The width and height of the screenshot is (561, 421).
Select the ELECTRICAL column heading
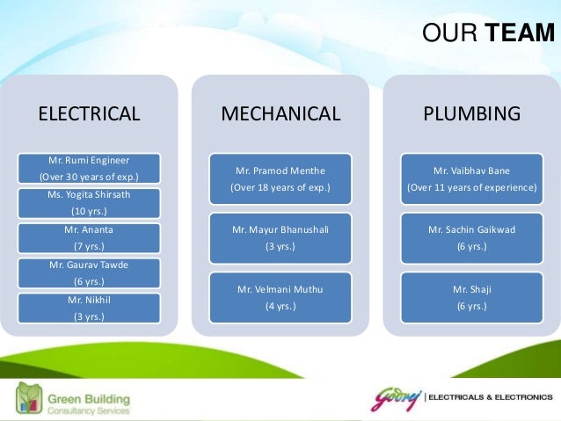point(88,113)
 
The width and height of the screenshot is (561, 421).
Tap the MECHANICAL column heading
point(280,113)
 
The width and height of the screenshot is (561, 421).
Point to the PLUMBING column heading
point(472,113)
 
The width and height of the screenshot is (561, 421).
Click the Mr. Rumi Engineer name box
point(88,168)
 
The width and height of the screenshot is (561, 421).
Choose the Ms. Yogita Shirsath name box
point(88,203)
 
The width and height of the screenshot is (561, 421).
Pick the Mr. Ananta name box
point(88,238)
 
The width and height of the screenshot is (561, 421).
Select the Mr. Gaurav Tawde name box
point(88,273)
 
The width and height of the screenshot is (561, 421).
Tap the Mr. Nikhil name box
point(88,308)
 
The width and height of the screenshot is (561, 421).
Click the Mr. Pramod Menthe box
point(280,178)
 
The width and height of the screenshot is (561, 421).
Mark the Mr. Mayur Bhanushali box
point(280,238)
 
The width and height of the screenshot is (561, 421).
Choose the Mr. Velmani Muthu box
point(280,297)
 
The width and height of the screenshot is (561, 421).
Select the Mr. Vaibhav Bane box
point(472,178)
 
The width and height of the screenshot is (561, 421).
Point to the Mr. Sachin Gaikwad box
point(472,238)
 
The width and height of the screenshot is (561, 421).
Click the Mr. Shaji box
point(472,297)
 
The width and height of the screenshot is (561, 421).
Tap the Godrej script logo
point(396,397)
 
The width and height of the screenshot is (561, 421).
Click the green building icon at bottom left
point(30,398)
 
